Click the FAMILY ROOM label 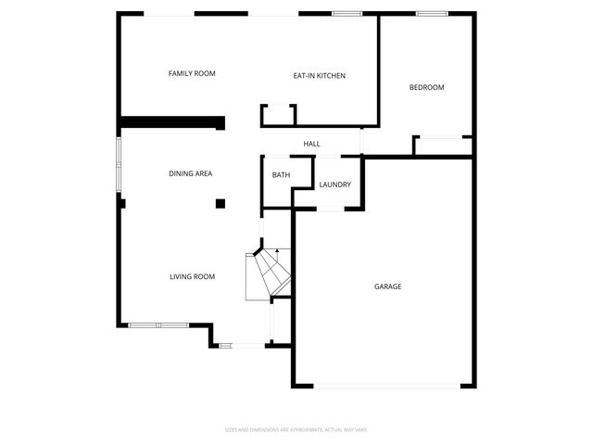coord(192,73)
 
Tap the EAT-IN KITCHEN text coord(319,76)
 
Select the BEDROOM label coord(427,88)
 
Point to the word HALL coord(312,144)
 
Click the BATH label coord(281,175)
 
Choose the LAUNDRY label coord(334,184)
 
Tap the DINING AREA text coord(191,173)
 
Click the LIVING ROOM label coord(192,276)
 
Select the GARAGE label coord(387,286)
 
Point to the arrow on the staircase coord(275,252)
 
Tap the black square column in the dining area coord(221,203)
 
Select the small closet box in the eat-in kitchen coord(279,115)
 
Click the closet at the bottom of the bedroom coord(443,146)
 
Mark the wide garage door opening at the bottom coord(388,386)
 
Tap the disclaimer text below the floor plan coord(296,429)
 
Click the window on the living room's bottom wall coord(158,324)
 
